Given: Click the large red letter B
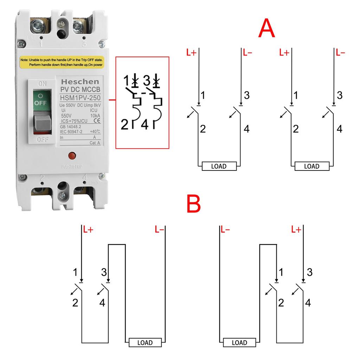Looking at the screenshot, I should tap(193, 204).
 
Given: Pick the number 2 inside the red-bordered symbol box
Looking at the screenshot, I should tap(124, 124).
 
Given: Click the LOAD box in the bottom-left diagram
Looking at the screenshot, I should tap(145, 342).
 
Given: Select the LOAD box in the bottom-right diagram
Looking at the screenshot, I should tap(239, 342).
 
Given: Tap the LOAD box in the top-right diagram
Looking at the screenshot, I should tap(311, 166).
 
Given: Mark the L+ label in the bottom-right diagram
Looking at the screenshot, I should tap(296, 230).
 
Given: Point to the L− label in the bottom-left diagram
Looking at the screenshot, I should tap(159, 230).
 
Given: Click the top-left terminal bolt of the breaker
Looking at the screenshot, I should tap(38, 25).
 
